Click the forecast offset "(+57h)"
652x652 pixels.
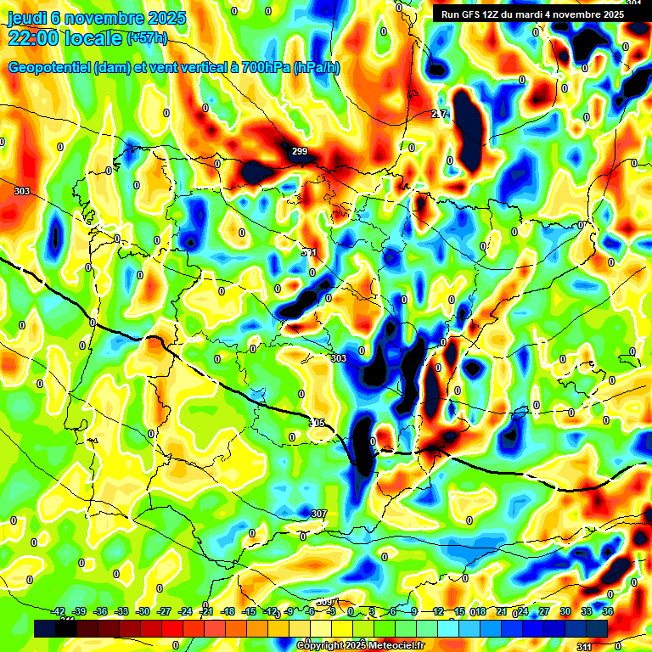tap(147, 38)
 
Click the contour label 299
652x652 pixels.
tap(299, 152)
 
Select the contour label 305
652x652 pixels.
tap(316, 423)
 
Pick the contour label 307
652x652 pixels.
tap(318, 514)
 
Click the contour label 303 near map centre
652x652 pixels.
tap(339, 358)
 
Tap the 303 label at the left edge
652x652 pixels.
tap(22, 191)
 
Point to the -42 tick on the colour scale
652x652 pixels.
tap(59, 611)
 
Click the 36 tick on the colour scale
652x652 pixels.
tap(607, 611)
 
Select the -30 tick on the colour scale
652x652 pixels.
tap(143, 611)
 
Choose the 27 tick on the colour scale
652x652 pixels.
tap(543, 611)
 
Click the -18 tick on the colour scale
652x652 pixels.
tap(228, 611)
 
